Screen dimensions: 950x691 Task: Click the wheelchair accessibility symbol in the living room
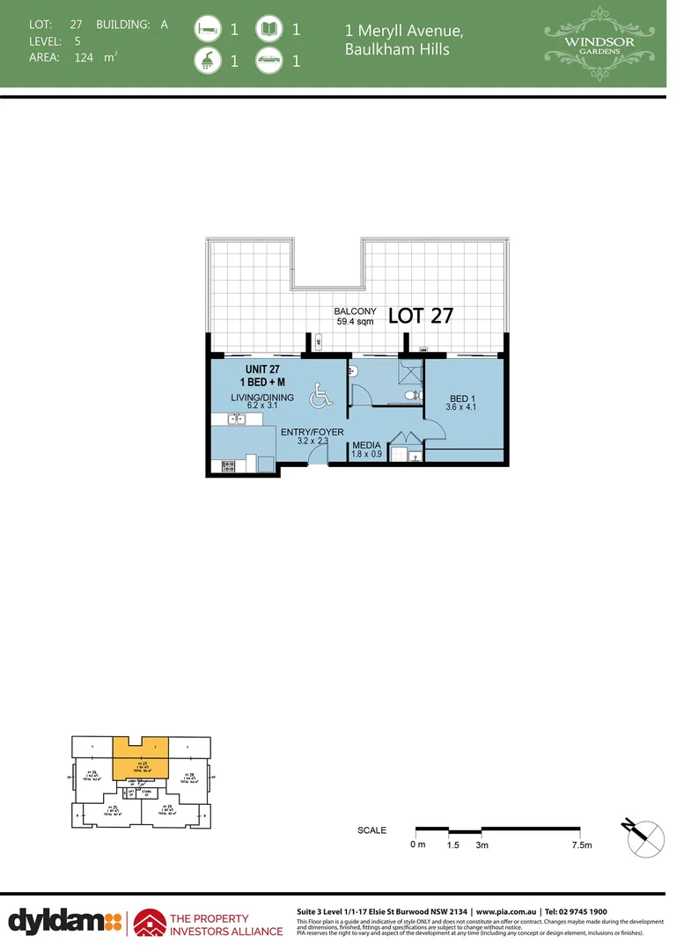(320, 399)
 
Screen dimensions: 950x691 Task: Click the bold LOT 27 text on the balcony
(420, 316)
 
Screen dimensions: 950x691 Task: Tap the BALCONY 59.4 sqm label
(355, 317)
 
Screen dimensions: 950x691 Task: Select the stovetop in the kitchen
(229, 464)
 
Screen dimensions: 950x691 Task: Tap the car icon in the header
(268, 61)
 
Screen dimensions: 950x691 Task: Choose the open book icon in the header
(268, 29)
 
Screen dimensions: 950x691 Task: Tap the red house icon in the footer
(147, 921)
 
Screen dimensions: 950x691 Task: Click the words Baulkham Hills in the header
(397, 49)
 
